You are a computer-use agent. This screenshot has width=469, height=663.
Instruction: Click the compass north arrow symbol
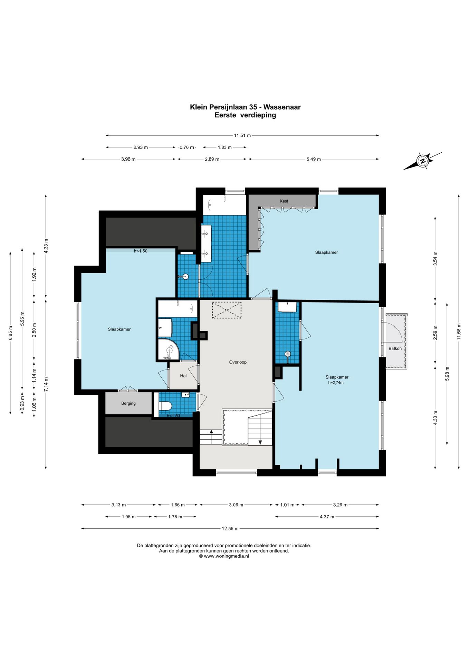[422, 161]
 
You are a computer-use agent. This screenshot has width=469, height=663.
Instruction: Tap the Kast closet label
[284, 201]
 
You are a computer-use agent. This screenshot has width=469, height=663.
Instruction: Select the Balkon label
[395, 348]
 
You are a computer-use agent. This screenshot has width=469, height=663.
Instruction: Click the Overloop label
[238, 362]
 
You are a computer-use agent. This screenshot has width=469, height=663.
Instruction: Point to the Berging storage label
[128, 403]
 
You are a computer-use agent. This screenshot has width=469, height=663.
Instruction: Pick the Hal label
[183, 376]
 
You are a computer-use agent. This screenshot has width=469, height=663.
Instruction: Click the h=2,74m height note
[336, 383]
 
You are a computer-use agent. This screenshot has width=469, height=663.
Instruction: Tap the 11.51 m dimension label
[242, 135]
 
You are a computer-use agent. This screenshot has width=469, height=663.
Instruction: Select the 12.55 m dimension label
[230, 528]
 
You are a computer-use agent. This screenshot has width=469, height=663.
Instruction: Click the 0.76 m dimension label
[187, 147]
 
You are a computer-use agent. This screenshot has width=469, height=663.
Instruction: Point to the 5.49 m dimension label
[314, 159]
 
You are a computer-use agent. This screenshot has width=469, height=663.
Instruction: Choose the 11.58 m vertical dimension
[459, 331]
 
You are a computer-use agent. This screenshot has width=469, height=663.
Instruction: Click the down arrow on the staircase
[260, 442]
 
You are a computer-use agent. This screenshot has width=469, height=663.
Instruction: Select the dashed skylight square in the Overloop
[227, 310]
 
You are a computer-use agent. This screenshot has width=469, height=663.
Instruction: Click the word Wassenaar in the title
[282, 107]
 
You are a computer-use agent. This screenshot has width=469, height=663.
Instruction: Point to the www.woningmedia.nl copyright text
[224, 556]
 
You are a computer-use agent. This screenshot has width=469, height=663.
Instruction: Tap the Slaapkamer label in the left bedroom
[119, 329]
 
